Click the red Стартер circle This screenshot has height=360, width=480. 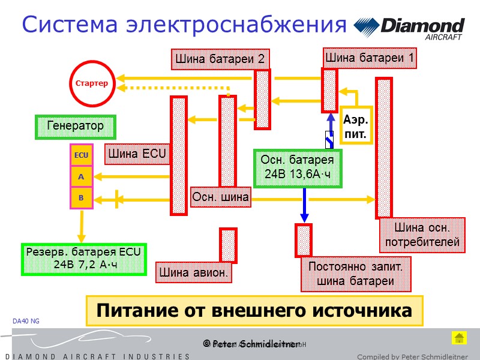(91, 83)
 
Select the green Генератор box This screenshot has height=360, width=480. (75, 127)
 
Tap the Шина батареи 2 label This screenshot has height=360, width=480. (220, 59)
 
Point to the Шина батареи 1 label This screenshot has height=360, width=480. (370, 58)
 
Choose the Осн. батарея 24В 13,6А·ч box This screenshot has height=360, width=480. (298, 167)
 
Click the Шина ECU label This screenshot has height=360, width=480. (137, 153)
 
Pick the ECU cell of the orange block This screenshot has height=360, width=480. (81, 155)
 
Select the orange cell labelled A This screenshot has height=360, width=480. (81, 177)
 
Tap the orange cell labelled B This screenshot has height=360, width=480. (81, 197)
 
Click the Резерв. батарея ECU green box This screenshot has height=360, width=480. (83, 259)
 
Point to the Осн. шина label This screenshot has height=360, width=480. (221, 197)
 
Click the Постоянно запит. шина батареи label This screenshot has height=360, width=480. (355, 274)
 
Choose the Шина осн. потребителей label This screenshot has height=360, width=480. (422, 235)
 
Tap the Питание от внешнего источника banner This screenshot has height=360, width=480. (254, 311)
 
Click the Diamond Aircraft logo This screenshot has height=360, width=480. (410, 29)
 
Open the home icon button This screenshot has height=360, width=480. (458, 338)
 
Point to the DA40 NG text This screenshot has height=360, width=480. (26, 322)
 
